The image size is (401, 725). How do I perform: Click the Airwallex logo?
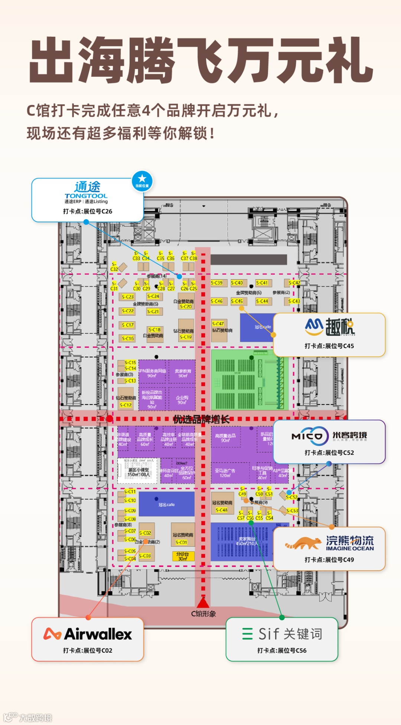[x=88, y=634]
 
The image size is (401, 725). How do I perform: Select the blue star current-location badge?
[x=142, y=181]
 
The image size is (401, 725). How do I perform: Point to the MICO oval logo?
[x=310, y=436]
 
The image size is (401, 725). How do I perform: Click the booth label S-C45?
[x=237, y=301]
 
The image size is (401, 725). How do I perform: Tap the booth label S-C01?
[x=182, y=542]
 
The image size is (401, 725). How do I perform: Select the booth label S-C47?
[x=218, y=324]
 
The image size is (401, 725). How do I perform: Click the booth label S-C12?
[x=126, y=405]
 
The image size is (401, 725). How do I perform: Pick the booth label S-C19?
[x=186, y=337]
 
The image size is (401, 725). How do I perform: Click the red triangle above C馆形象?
[x=203, y=602]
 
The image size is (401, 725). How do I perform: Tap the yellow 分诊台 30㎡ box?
[x=183, y=556]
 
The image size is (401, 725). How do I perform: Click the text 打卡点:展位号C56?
[x=282, y=650]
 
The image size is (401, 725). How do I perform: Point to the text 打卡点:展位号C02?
[x=88, y=650]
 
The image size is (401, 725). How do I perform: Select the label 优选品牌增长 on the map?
[x=201, y=420]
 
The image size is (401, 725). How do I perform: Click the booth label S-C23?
[x=128, y=297]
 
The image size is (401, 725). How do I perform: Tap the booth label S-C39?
[x=217, y=283]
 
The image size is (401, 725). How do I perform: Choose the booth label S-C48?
[x=222, y=510]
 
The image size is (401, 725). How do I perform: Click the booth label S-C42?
[x=294, y=283]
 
